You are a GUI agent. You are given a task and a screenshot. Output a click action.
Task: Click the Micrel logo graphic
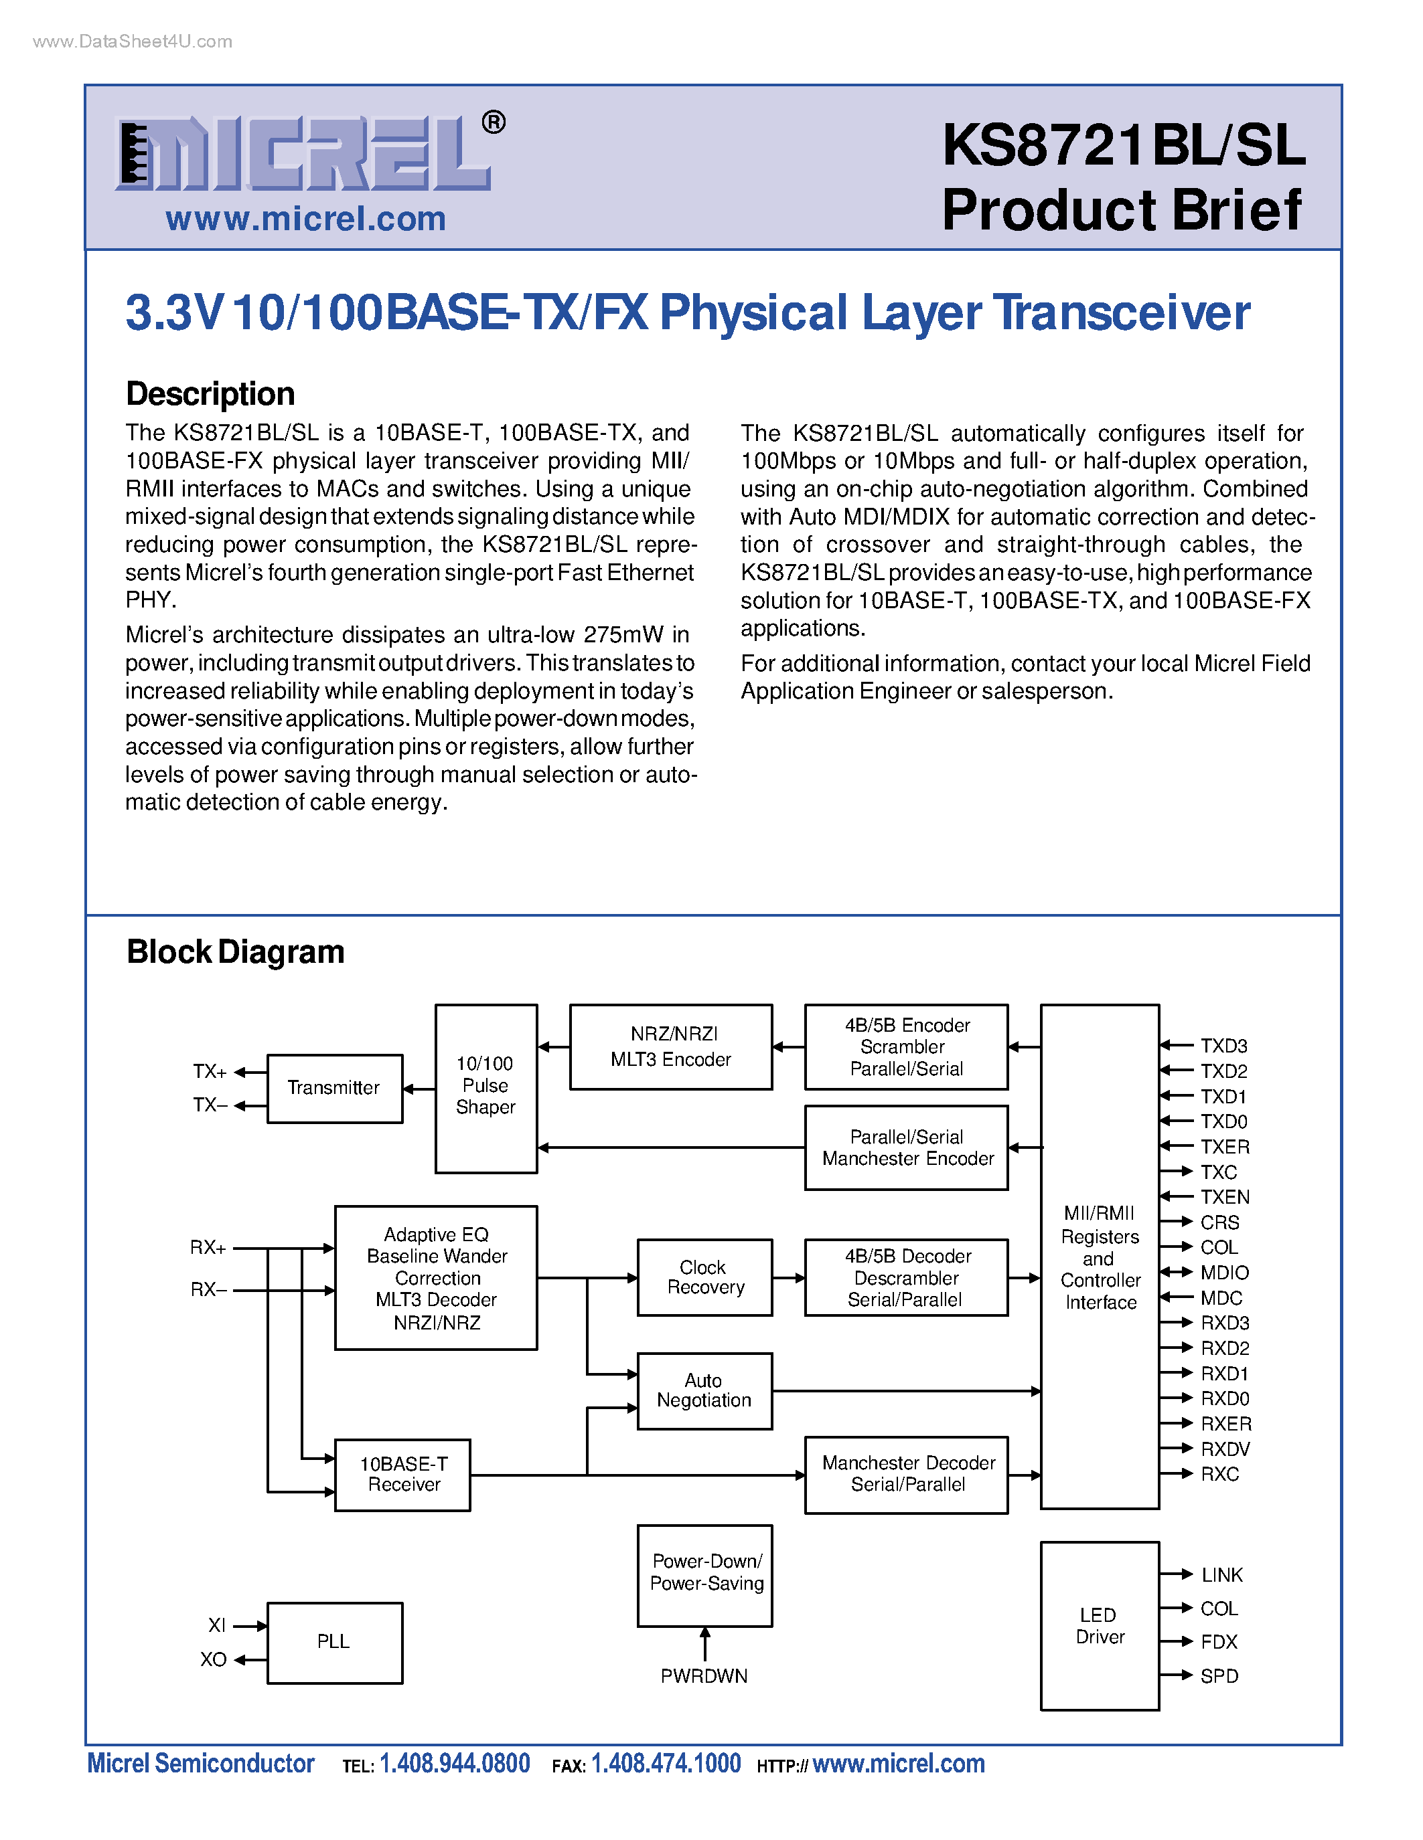pyautogui.click(x=303, y=153)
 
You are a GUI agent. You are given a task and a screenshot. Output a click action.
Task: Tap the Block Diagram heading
pyautogui.click(x=235, y=952)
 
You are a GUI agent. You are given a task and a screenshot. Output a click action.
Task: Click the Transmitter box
pyautogui.click(x=335, y=1089)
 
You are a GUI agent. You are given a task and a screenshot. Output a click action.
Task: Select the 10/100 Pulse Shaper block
pyautogui.click(x=485, y=1088)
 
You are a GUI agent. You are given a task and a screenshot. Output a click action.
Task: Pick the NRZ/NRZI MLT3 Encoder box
pyautogui.click(x=671, y=1047)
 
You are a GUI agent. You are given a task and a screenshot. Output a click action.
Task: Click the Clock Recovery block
pyautogui.click(x=704, y=1277)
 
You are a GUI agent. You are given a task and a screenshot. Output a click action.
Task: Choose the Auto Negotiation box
pyautogui.click(x=704, y=1391)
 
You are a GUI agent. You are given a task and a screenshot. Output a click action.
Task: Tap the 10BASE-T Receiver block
pyautogui.click(x=403, y=1475)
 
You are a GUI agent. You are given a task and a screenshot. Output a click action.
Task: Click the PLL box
pyautogui.click(x=335, y=1642)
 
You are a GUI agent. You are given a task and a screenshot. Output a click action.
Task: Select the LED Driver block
pyautogui.click(x=1100, y=1626)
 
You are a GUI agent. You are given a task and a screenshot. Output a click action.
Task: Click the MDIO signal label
pyautogui.click(x=1224, y=1273)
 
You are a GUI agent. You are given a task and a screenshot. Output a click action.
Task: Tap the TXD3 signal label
pyautogui.click(x=1223, y=1046)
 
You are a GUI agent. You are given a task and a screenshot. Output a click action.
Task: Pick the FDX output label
pyautogui.click(x=1219, y=1642)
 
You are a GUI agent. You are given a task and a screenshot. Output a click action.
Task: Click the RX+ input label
pyautogui.click(x=208, y=1248)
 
